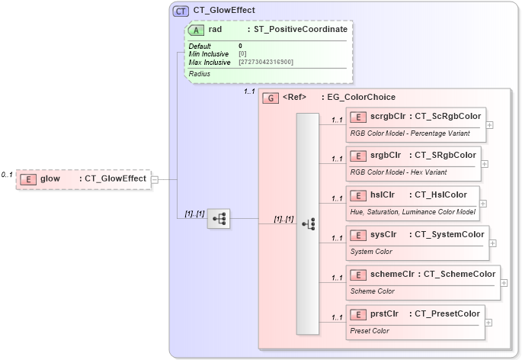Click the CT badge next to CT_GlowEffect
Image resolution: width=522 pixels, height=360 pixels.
[x=181, y=11]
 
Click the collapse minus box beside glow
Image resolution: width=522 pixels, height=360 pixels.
[x=155, y=179]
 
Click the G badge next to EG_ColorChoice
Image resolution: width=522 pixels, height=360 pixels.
[x=270, y=98]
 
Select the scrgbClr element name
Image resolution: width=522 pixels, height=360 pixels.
[x=388, y=116]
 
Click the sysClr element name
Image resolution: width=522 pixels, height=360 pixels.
[x=384, y=234]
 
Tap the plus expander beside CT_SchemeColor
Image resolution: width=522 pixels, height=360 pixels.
[x=504, y=282]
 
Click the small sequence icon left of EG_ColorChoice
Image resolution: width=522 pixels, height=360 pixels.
[x=219, y=218]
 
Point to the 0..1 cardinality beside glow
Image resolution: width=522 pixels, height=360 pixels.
[x=7, y=175]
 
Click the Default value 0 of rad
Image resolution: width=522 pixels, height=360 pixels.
[x=241, y=46]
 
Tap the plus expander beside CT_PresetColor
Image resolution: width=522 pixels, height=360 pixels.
[x=488, y=322]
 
